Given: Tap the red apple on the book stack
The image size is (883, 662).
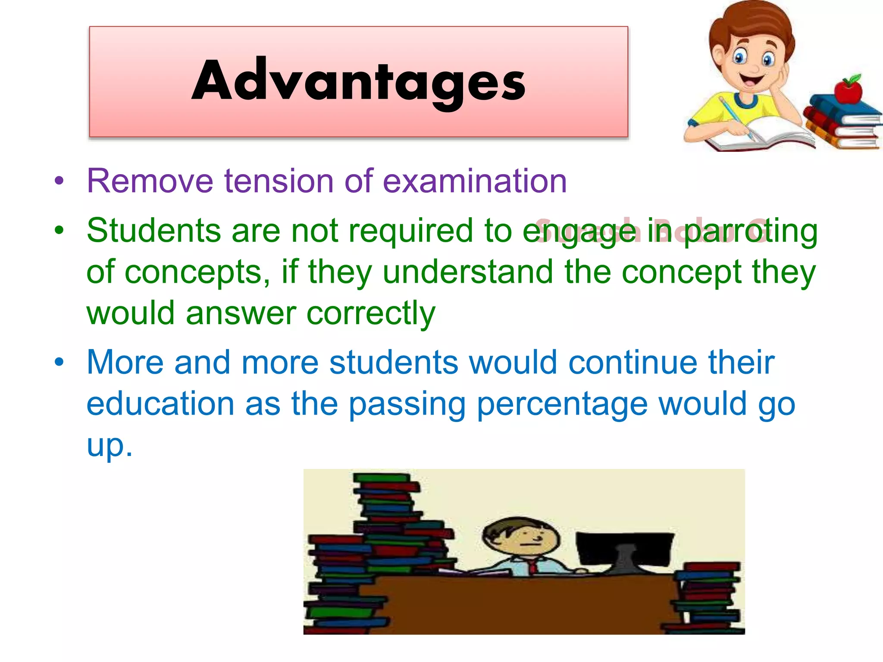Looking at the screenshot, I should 848,91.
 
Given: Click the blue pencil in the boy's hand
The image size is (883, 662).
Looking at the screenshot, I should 738,119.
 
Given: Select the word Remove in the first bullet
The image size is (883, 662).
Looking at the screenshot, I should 150,181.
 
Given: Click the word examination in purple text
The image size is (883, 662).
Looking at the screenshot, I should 475,181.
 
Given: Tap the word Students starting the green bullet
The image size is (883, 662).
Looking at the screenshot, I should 153,231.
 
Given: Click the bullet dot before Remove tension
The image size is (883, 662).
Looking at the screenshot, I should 59,181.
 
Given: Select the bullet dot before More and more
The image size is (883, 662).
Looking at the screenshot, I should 59,362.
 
